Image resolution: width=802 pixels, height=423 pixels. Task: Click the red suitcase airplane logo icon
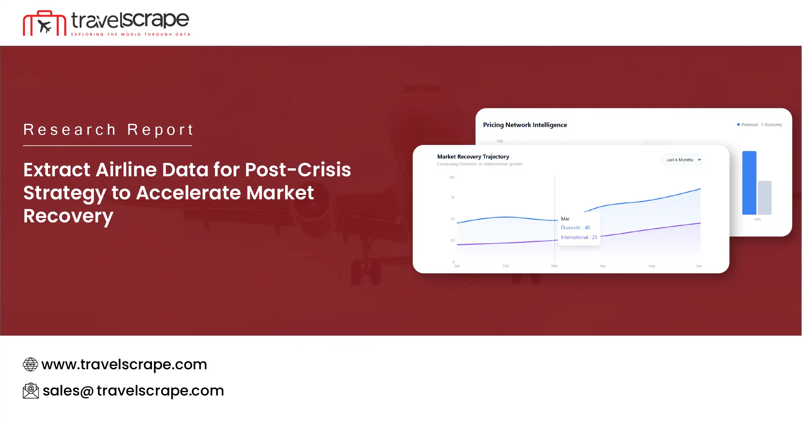coord(44,23)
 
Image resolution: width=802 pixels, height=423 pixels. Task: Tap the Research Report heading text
coord(108,130)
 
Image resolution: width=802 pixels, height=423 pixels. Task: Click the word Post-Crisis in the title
coord(298,170)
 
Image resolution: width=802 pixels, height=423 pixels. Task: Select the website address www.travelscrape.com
coord(124,364)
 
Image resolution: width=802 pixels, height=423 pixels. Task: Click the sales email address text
coord(133,391)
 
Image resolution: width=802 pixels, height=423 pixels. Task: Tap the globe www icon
coord(30,364)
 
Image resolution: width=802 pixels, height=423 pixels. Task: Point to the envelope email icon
coord(31,391)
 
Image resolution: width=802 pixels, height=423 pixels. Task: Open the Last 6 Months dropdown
coord(681,160)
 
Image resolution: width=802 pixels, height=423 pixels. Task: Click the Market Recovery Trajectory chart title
coord(473,156)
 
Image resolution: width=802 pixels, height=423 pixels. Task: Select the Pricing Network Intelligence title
coord(525,125)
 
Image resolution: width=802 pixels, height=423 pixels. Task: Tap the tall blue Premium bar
coord(749,183)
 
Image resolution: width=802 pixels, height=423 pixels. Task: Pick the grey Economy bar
coord(765,197)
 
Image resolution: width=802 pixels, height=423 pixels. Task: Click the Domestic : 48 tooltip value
coord(575,227)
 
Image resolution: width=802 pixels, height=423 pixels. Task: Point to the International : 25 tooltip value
coord(579,237)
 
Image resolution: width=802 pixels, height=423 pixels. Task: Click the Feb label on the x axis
coord(505,266)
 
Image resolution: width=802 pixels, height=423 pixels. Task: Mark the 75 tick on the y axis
coord(452,197)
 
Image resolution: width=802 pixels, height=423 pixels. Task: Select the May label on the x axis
coord(652,266)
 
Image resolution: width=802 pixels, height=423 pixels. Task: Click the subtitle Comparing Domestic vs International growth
coord(480,164)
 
